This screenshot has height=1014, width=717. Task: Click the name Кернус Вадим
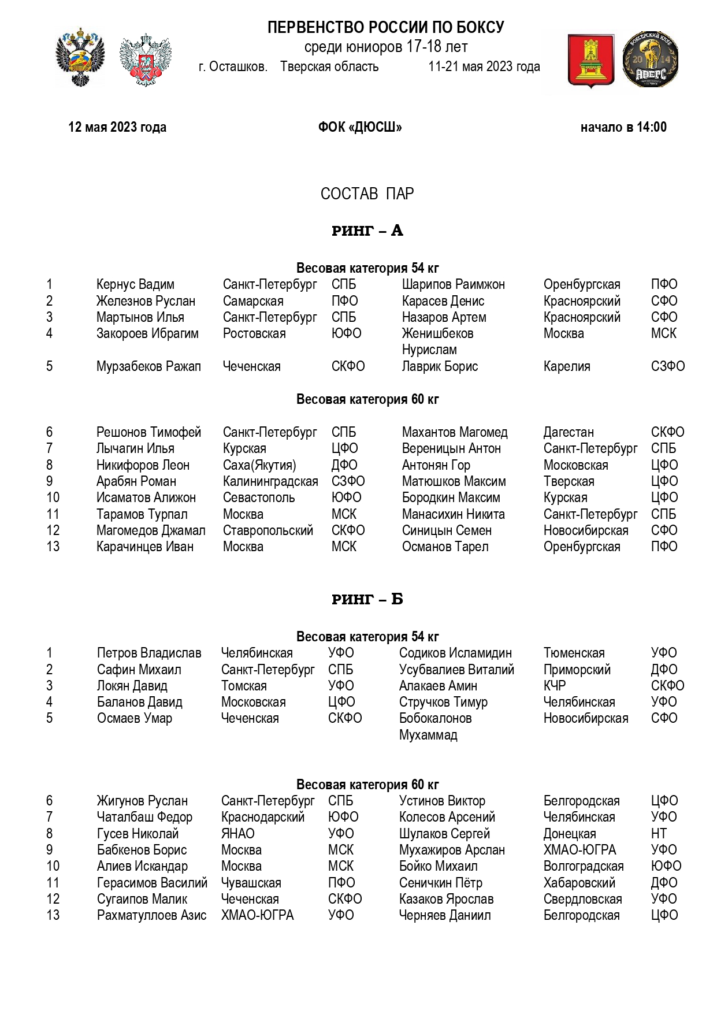pos(135,284)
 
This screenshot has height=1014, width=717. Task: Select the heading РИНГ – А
pos(367,231)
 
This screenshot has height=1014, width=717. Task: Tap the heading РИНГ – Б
pos(367,599)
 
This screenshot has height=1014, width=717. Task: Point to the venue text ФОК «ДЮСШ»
pos(360,127)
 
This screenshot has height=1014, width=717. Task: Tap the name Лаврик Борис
pos(440,366)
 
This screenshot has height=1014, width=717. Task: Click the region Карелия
pos(566,366)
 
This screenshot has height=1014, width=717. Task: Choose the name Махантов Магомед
pos(454,432)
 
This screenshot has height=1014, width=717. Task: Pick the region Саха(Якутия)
pos(259,465)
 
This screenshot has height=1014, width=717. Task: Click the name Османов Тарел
pos(445,547)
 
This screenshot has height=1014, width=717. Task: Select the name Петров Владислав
pos(149,653)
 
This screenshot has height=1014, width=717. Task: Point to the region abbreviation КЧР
pos(555,686)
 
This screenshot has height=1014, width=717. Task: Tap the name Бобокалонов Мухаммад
pos(435,726)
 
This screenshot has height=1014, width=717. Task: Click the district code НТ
pos(659,834)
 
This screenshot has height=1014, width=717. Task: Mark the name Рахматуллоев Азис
pos(151,915)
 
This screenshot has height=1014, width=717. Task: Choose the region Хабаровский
pos(579,883)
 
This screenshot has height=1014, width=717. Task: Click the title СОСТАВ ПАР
pos(367,194)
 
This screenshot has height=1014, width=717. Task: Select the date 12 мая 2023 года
pos(117,127)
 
